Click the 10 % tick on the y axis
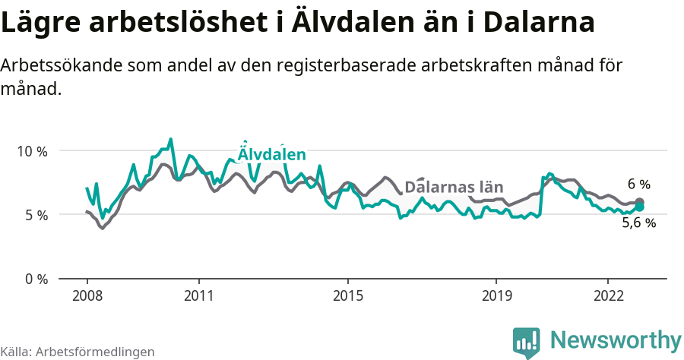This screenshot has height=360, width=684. click(x=32, y=151)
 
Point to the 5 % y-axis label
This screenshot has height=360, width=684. click(x=35, y=215)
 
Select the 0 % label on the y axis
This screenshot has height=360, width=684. click(x=35, y=279)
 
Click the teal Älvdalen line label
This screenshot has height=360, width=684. click(x=271, y=154)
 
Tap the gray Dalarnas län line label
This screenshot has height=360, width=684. click(x=454, y=187)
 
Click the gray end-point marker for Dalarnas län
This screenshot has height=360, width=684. click(x=639, y=202)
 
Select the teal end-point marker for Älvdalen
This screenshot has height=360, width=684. click(x=639, y=207)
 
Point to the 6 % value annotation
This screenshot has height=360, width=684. click(x=639, y=185)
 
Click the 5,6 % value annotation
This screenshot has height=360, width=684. click(x=638, y=223)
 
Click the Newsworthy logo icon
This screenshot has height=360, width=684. click(x=527, y=342)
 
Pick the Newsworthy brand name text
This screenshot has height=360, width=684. click(x=616, y=339)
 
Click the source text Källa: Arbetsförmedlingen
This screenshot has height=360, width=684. click(x=78, y=352)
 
